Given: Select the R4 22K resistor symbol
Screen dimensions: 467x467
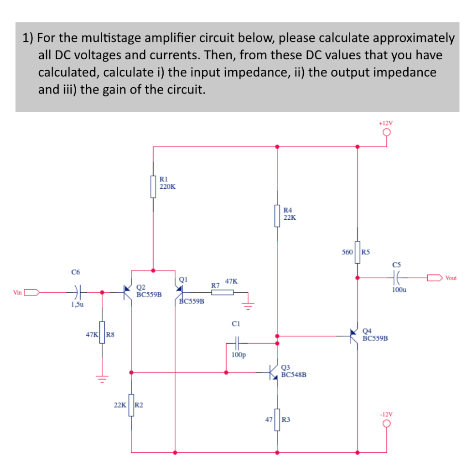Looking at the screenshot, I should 277,215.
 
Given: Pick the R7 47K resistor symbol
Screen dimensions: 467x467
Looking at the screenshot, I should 223,292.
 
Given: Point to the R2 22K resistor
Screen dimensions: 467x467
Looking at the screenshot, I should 131,405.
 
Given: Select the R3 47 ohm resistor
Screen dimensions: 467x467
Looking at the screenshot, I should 277,419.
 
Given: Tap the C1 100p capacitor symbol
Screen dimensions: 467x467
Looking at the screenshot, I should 236,341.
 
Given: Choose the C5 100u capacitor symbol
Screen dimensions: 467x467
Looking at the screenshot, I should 396,277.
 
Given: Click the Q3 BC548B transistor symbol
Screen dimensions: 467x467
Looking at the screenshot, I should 275,372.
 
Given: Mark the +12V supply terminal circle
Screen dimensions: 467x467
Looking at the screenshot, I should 387,133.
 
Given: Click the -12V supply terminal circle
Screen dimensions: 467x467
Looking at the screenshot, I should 387,424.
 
